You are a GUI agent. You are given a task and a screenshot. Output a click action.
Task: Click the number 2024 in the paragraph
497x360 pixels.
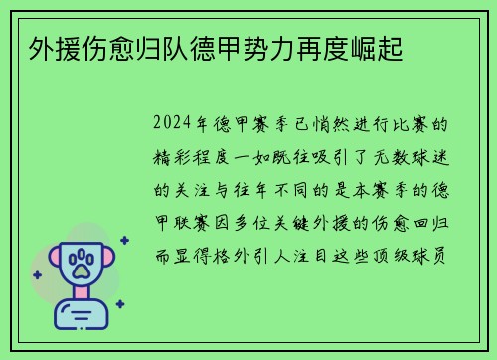(175, 126)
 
